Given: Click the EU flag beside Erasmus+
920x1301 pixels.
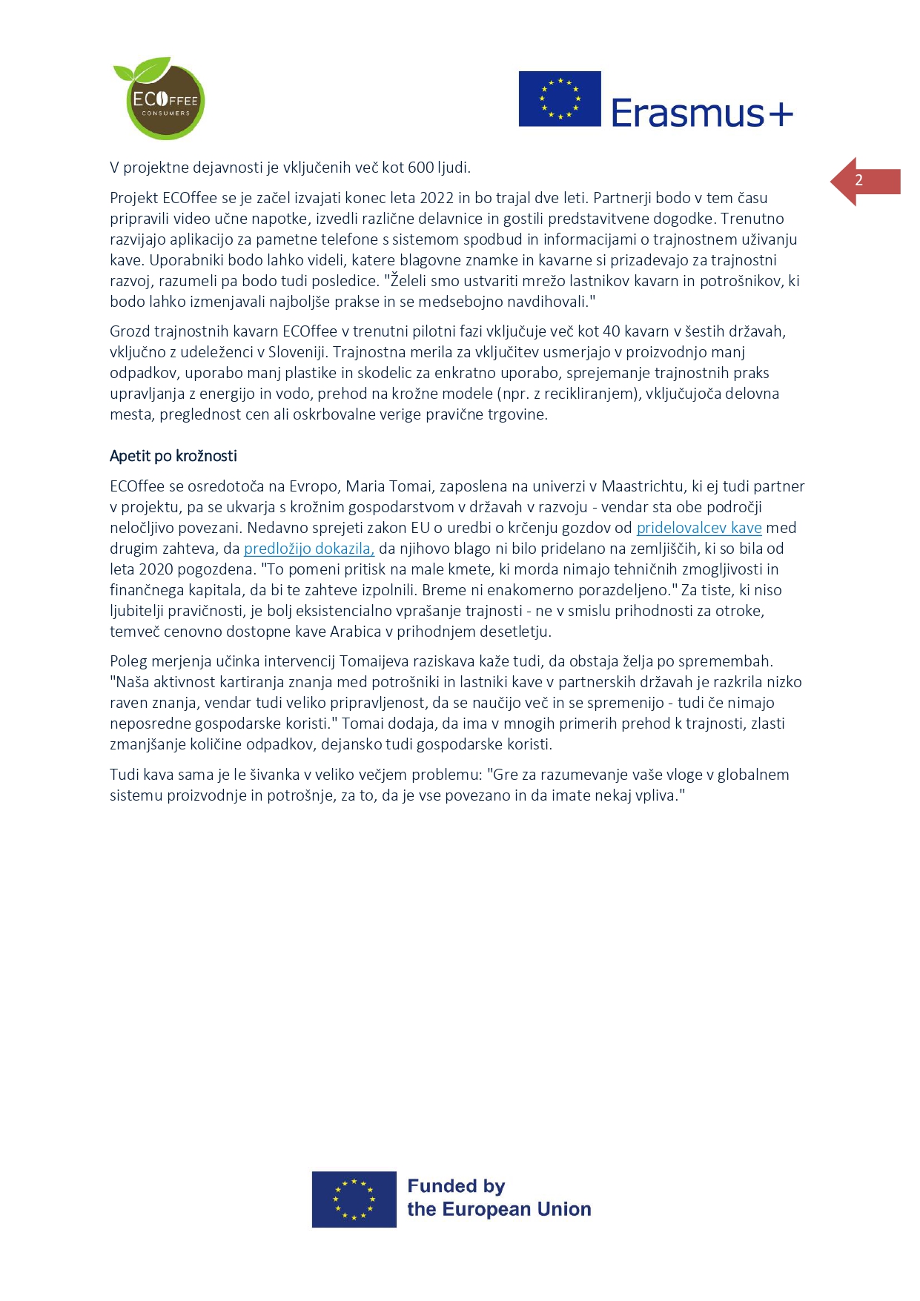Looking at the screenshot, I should pyautogui.click(x=560, y=99).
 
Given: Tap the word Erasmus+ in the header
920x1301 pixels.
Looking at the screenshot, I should pyautogui.click(x=701, y=113).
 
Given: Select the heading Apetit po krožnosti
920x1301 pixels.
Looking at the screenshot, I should pyautogui.click(x=173, y=456).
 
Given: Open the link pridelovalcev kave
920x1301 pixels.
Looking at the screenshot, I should pyautogui.click(x=699, y=528).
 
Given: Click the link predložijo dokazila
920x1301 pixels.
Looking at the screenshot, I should pyautogui.click(x=309, y=549).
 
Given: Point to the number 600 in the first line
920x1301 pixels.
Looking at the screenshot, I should pyautogui.click(x=421, y=168).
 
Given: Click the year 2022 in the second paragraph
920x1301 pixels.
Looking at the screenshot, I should pyautogui.click(x=437, y=198).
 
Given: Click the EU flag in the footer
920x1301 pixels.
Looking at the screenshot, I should pyautogui.click(x=354, y=1199).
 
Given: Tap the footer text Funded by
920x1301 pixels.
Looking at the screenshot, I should pyautogui.click(x=456, y=1186).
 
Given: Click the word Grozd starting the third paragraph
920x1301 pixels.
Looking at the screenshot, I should pyautogui.click(x=130, y=331).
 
